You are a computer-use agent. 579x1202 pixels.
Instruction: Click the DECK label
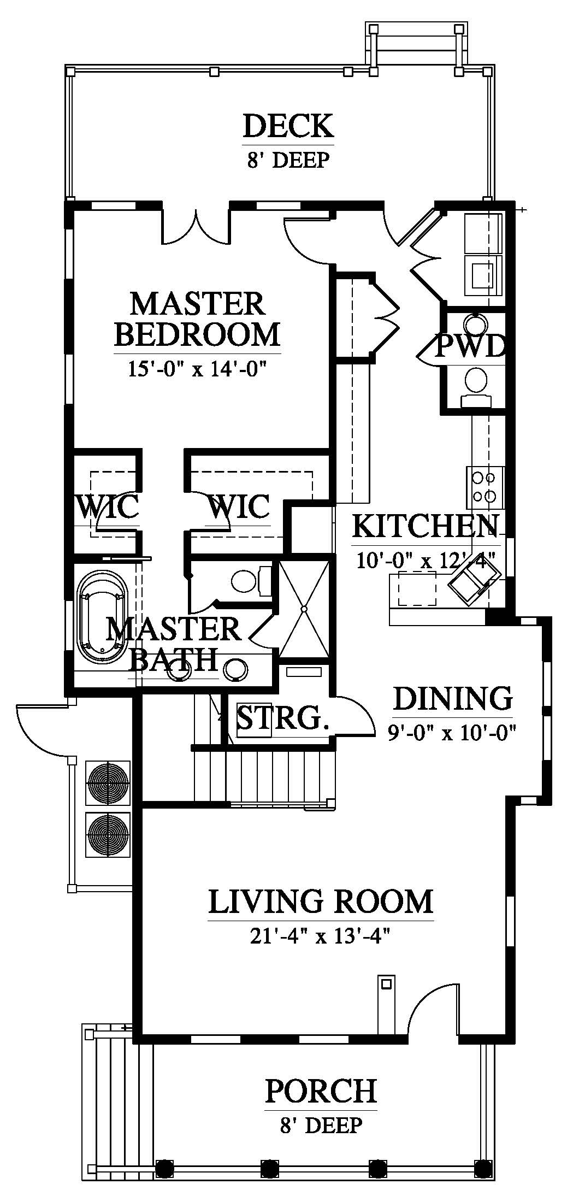coord(288,126)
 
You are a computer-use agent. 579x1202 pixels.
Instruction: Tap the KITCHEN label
coord(425,526)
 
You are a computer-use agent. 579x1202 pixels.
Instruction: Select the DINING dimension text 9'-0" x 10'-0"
coord(452,731)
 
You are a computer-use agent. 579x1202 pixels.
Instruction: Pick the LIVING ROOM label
coord(321,901)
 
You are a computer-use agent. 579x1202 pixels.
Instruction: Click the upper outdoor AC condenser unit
coord(108,782)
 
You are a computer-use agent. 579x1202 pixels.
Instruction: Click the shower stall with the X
coord(305,608)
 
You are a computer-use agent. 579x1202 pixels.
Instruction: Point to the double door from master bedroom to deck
coord(196,225)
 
